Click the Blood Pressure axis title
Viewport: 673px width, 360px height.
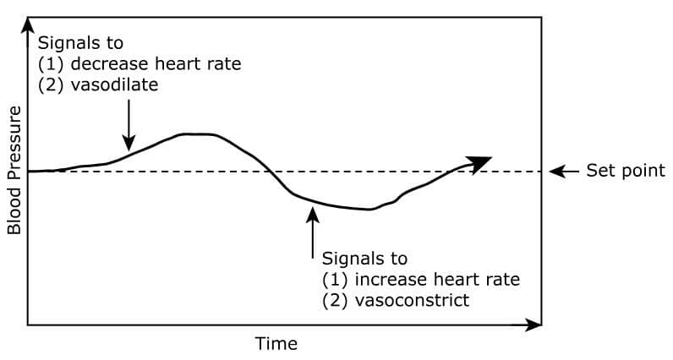click(x=14, y=171)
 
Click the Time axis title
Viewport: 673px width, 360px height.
click(x=276, y=344)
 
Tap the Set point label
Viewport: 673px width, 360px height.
click(x=626, y=171)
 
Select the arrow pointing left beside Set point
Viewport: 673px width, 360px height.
click(x=564, y=172)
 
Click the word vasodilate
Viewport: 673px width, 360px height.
click(x=114, y=85)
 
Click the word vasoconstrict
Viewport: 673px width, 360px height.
click(x=412, y=300)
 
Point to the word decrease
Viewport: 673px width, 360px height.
click(x=110, y=64)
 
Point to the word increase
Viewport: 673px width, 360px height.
click(x=391, y=280)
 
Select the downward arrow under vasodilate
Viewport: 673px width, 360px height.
click(x=129, y=125)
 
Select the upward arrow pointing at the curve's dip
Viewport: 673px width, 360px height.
click(x=313, y=232)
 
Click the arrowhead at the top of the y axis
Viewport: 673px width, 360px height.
click(x=28, y=25)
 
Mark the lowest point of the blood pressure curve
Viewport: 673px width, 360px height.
click(x=369, y=210)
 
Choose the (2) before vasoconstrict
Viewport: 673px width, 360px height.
click(x=334, y=300)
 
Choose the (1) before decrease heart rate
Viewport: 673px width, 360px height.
click(x=51, y=64)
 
